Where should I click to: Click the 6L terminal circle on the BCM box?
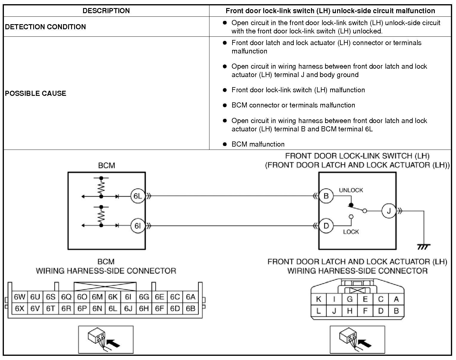tap(137, 196)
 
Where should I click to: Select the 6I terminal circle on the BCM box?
tap(137, 226)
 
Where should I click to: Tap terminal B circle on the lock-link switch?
tap(326, 196)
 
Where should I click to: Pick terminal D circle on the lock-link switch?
tap(326, 226)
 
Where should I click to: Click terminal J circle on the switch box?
tap(389, 211)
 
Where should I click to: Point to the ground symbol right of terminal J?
tap(424, 247)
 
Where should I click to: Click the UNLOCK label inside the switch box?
tap(351, 190)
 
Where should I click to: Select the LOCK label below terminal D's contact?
tap(351, 232)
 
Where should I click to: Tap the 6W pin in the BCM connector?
tap(19, 297)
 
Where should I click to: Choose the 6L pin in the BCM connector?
tap(113, 308)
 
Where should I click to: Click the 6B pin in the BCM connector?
tap(190, 308)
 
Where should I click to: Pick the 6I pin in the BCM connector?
tap(128, 297)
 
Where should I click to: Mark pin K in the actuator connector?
tap(319, 299)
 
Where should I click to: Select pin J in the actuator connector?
tap(334, 311)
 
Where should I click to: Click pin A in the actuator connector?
tap(396, 299)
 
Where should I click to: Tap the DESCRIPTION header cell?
tap(106, 11)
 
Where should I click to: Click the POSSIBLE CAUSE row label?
tap(36, 93)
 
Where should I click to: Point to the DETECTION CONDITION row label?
tap(45, 27)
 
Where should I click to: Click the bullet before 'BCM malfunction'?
tap(225, 144)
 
